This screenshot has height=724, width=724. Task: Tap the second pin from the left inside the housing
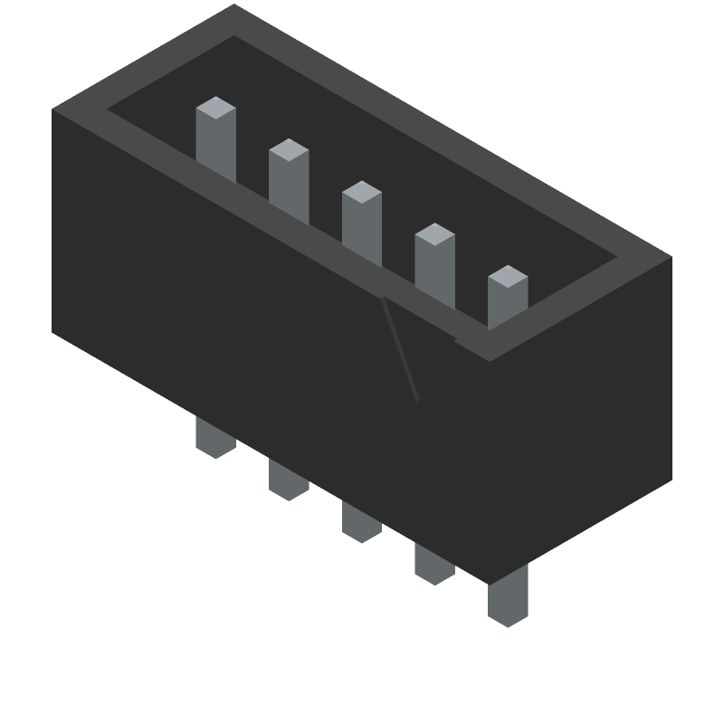tap(289, 181)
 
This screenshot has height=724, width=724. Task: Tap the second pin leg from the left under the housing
tap(289, 480)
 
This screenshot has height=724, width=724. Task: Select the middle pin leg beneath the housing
tap(361, 523)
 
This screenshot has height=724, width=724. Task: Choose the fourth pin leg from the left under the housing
tap(433, 565)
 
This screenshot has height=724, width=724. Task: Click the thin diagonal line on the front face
tap(399, 349)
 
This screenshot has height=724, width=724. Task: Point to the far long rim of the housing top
tap(434, 136)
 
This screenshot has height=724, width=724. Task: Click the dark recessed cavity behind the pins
tap(407, 181)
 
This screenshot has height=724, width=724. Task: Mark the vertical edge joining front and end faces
tap(490, 471)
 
